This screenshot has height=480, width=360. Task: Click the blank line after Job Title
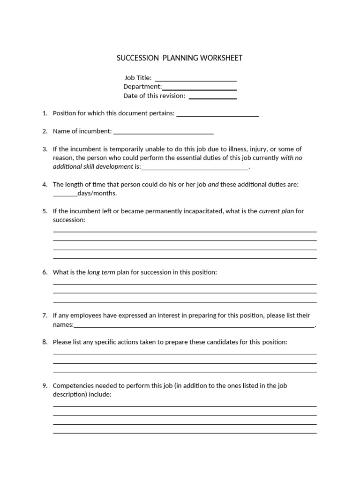click(195, 79)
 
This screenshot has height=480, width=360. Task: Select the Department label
click(142, 87)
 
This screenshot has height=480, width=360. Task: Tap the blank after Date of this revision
click(212, 96)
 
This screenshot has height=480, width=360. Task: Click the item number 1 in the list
click(45, 113)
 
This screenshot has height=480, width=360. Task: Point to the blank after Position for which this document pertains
click(217, 114)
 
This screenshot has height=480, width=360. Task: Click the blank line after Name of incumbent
click(164, 132)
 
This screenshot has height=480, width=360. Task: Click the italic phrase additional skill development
click(93, 166)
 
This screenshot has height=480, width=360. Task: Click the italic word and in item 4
click(213, 185)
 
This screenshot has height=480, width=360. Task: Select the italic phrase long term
click(101, 272)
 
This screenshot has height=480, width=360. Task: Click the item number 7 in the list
click(45, 315)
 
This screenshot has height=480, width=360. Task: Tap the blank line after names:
click(194, 325)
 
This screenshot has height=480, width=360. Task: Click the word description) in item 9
click(69, 395)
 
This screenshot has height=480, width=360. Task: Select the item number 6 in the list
click(45, 272)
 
